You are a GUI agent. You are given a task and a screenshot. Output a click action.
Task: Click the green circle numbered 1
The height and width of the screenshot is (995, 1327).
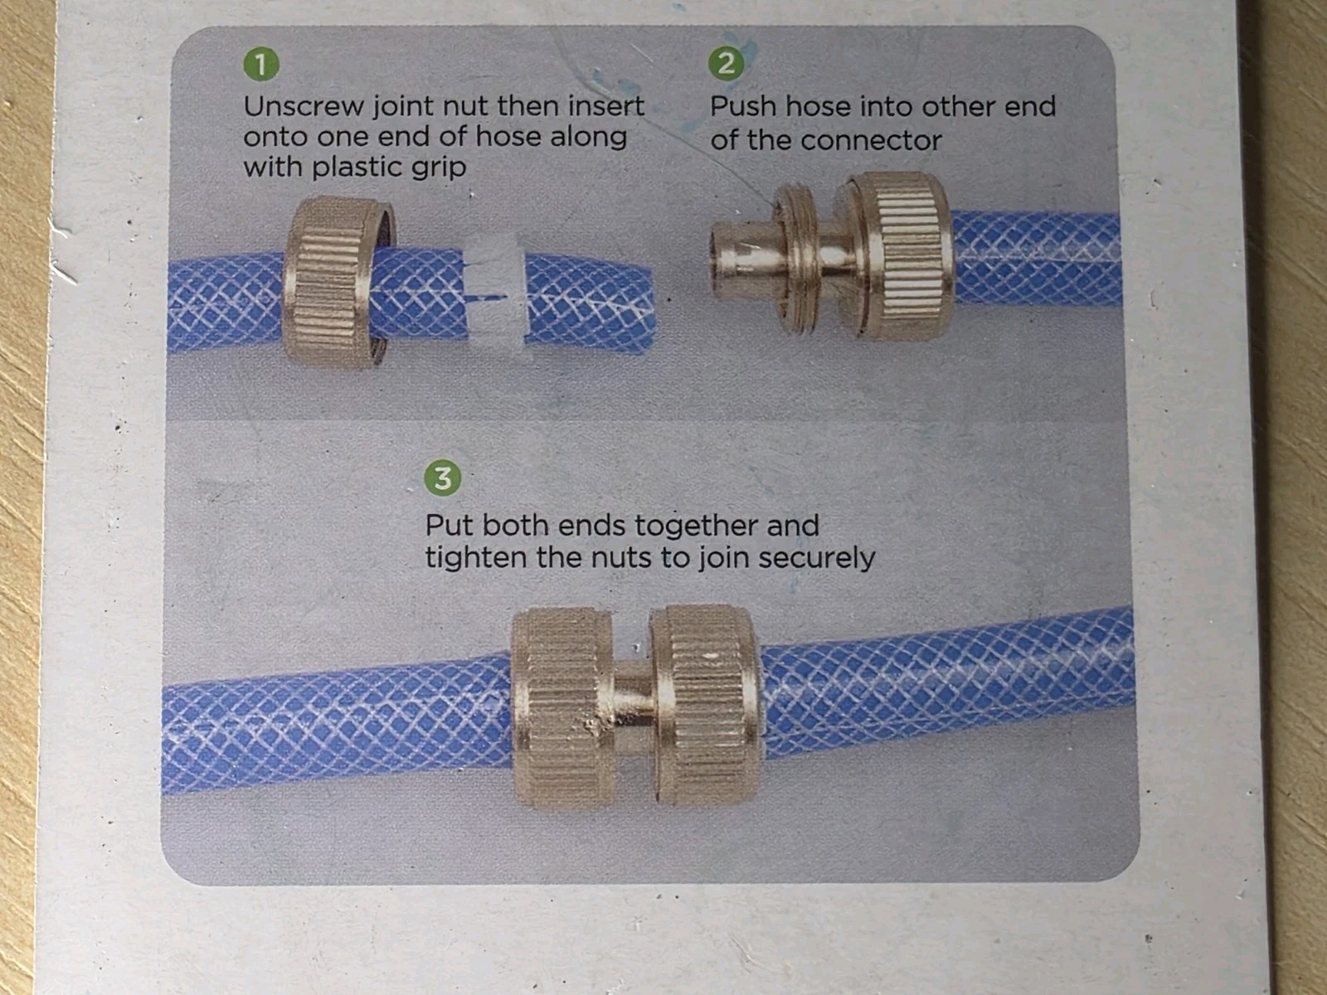click(x=261, y=65)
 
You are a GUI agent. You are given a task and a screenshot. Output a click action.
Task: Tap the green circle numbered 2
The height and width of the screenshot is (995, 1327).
click(x=726, y=64)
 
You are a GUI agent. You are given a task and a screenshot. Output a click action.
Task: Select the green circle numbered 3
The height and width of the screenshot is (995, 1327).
click(x=443, y=478)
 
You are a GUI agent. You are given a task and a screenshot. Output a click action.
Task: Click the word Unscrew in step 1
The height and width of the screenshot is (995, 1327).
click(x=304, y=106)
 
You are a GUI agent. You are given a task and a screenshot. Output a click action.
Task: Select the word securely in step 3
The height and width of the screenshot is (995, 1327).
click(x=816, y=557)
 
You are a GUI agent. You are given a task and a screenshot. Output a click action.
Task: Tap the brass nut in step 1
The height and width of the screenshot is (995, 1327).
click(x=338, y=282)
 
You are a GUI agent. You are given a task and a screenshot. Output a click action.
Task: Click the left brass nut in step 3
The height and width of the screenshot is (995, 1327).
click(x=563, y=707)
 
